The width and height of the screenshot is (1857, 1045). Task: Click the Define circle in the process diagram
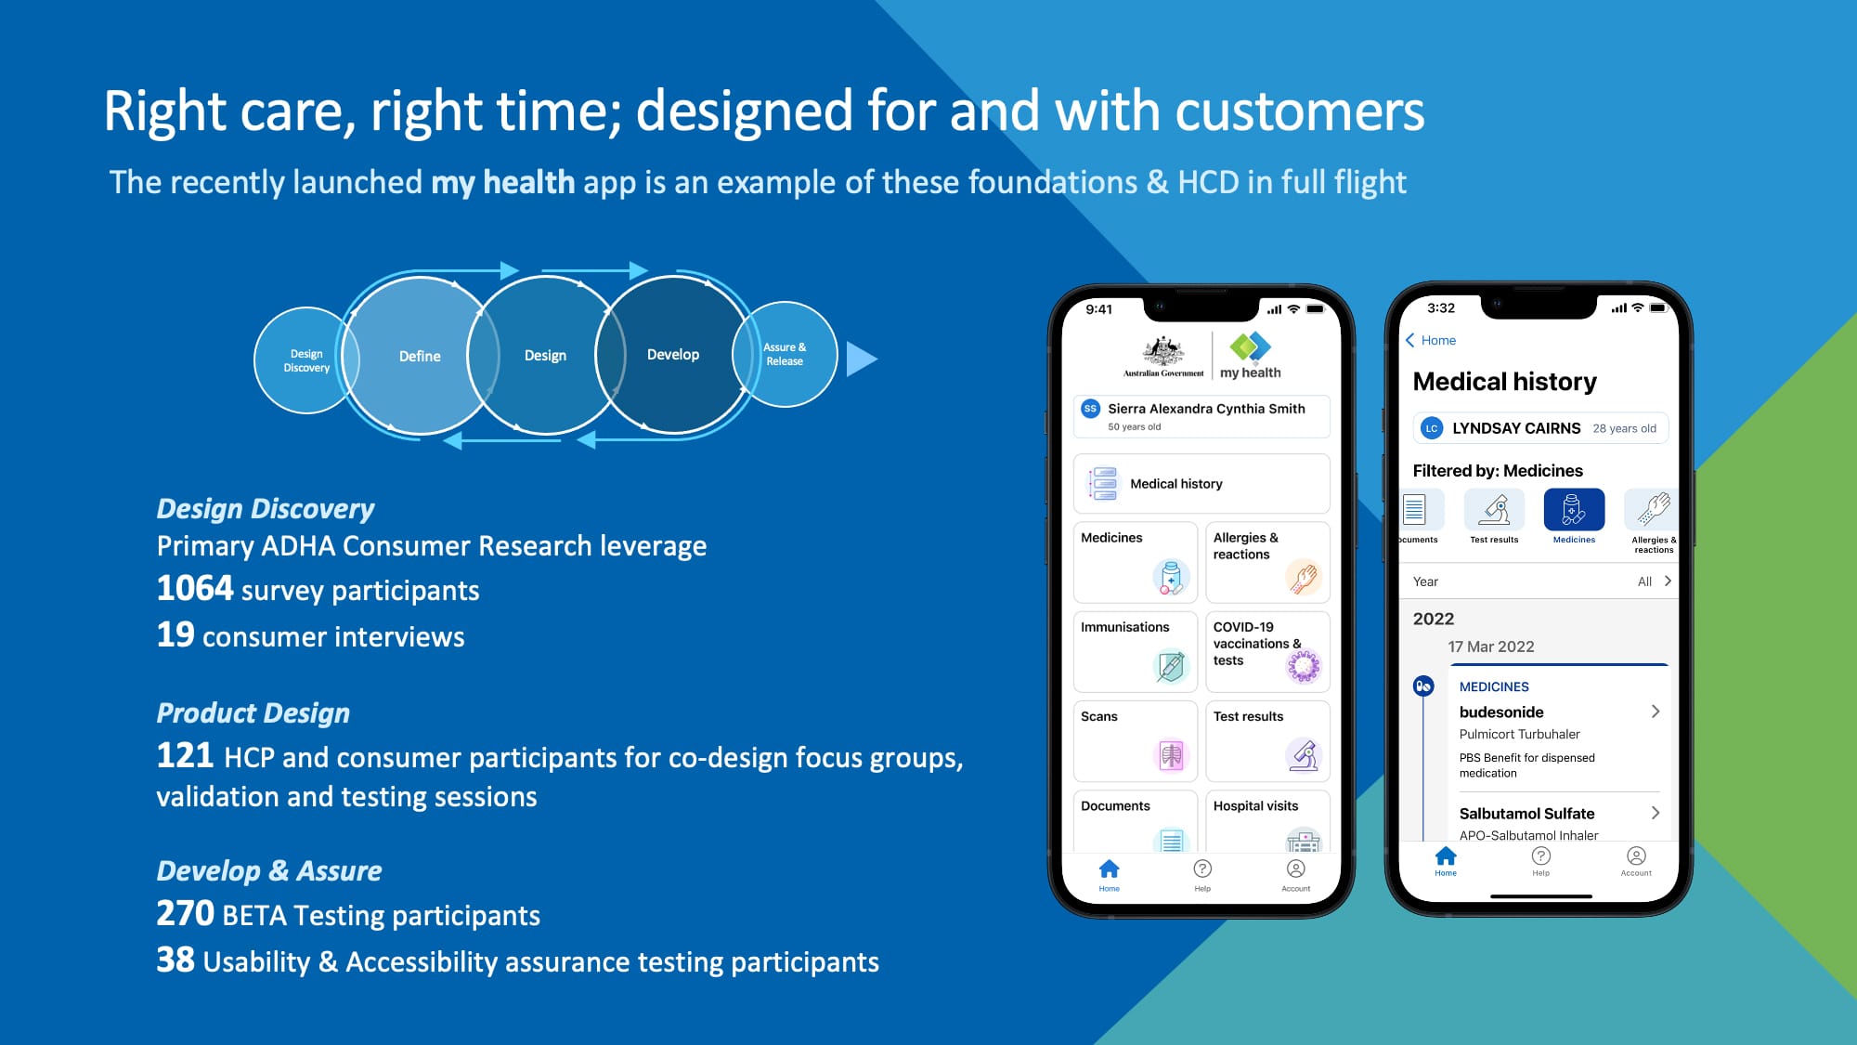tap(420, 356)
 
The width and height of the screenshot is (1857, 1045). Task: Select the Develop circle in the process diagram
tap(673, 355)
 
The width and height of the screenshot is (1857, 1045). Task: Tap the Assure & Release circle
tap(785, 354)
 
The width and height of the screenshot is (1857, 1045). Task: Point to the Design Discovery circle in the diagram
tap(306, 360)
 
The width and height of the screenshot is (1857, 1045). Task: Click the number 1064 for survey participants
tap(195, 589)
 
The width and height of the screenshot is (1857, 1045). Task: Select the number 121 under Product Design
tap(185, 755)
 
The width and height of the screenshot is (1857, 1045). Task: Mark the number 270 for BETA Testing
tap(185, 913)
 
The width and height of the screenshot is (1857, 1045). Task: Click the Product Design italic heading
tap(253, 712)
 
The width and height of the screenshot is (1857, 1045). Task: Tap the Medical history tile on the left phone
tap(1201, 484)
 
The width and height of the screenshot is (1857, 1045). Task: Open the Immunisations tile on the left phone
tap(1136, 651)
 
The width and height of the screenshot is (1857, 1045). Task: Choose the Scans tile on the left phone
tap(1136, 741)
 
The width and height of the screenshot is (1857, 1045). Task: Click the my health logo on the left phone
tap(1251, 356)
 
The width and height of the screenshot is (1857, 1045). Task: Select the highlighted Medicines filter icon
tap(1574, 509)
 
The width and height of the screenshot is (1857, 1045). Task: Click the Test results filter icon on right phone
tap(1494, 509)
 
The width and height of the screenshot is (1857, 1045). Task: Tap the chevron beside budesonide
tap(1656, 712)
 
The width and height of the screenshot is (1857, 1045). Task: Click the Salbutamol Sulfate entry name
tap(1526, 813)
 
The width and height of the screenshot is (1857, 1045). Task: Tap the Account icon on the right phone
tap(1636, 856)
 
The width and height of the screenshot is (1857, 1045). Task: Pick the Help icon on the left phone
tap(1202, 869)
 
